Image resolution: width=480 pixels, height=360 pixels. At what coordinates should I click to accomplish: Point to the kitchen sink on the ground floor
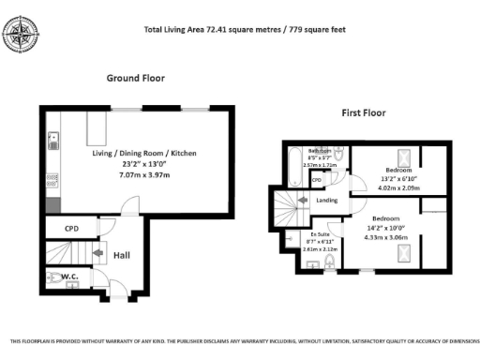(53, 142)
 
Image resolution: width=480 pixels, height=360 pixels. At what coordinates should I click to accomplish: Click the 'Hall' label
(121, 254)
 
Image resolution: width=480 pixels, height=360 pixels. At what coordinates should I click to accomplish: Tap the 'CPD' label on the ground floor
(72, 228)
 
